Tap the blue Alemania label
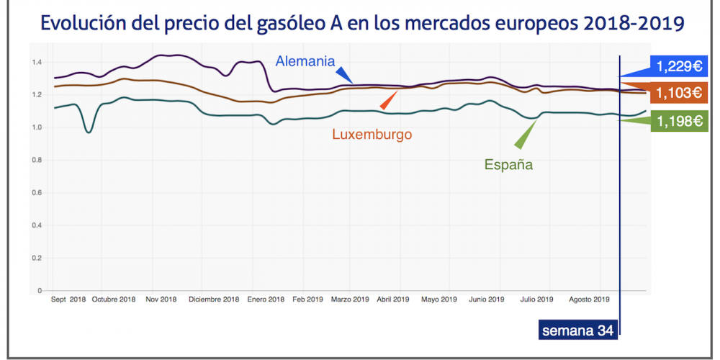pyautogui.click(x=306, y=61)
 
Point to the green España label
pyautogui.click(x=508, y=164)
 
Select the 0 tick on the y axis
pyautogui.click(x=40, y=291)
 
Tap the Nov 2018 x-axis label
pyautogui.click(x=161, y=299)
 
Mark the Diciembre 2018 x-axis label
pyautogui.click(x=214, y=299)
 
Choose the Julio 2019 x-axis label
pyautogui.click(x=536, y=299)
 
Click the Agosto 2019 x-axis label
pyautogui.click(x=589, y=299)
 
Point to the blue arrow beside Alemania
pyautogui.click(x=344, y=76)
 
